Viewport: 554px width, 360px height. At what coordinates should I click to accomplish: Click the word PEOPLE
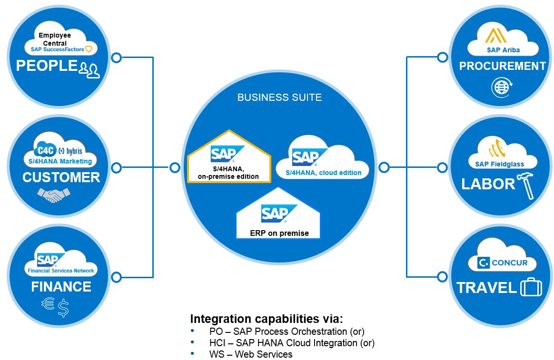(46, 66)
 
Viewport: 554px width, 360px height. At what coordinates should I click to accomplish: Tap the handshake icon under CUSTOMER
(54, 195)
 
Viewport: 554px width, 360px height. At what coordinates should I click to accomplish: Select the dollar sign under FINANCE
(63, 308)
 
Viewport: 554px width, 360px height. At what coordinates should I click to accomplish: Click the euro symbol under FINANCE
(48, 304)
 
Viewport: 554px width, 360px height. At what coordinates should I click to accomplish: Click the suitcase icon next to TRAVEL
(531, 288)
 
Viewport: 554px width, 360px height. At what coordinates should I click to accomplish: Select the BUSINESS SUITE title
(279, 97)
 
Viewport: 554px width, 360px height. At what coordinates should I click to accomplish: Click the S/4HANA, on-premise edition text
(228, 173)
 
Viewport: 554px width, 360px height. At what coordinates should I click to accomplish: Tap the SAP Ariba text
(503, 50)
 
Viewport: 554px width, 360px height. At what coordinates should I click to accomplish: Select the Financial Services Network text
(61, 271)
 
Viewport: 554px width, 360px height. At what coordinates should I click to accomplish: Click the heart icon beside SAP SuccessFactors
(89, 49)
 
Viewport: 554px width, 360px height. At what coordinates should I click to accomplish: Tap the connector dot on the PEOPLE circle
(116, 58)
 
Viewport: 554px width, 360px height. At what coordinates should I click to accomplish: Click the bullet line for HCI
(292, 342)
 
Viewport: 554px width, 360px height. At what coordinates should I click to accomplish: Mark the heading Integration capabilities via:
(266, 319)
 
